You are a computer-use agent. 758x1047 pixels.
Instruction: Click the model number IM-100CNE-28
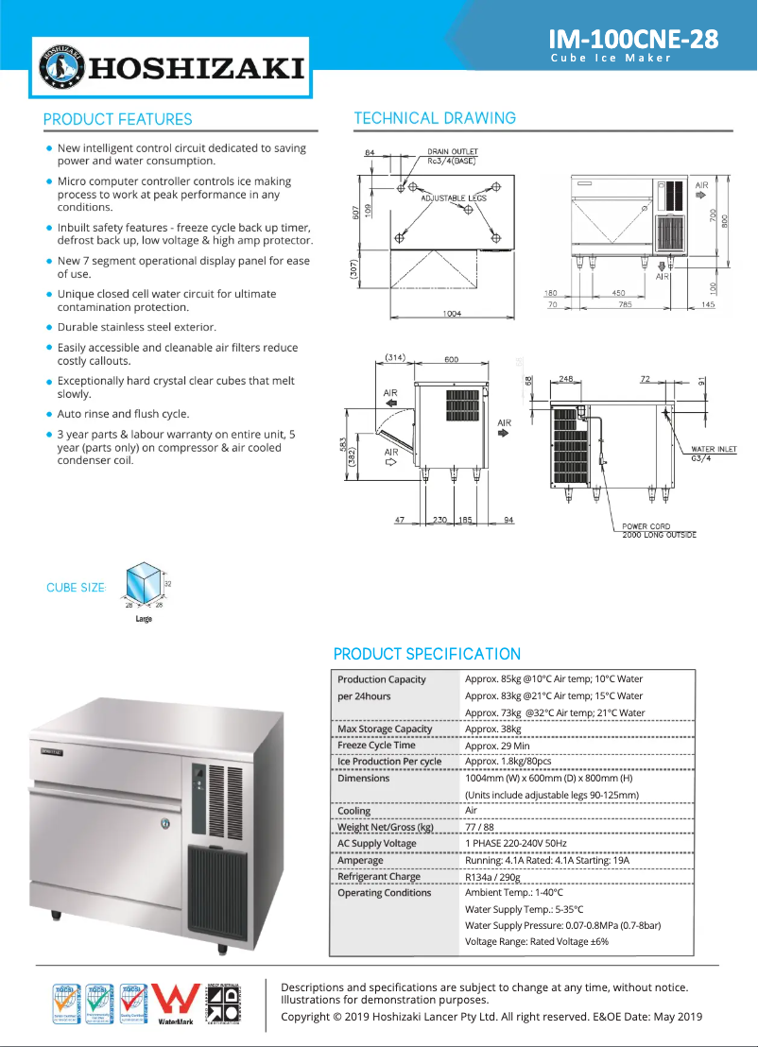tap(633, 39)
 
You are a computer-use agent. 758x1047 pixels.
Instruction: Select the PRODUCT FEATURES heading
tap(117, 119)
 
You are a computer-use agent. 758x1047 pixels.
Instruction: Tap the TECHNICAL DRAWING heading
tap(435, 118)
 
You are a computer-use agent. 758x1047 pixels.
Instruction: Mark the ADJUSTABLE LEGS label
tap(454, 197)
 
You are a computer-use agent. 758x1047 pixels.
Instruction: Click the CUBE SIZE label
tap(76, 588)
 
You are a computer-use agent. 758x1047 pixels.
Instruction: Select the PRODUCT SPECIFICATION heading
tap(426, 654)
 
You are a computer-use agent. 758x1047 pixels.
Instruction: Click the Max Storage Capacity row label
tap(385, 729)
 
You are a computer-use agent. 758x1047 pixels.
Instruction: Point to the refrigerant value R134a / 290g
tap(506, 877)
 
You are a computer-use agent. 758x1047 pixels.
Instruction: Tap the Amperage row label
tap(361, 861)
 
